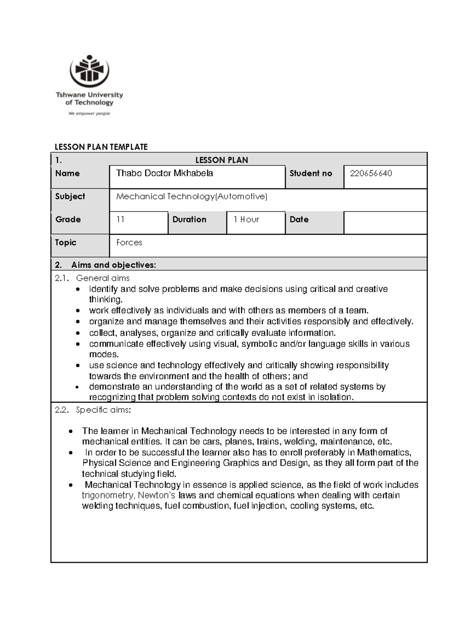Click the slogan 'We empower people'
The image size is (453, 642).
point(89,113)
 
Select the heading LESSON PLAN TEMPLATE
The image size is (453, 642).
point(101,147)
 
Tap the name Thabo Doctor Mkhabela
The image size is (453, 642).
point(165,173)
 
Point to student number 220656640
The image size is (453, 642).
point(371,174)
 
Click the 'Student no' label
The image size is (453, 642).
point(311,174)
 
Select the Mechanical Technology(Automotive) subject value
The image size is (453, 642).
point(192,197)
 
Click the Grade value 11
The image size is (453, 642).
point(120,220)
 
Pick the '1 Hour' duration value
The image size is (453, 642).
point(246,220)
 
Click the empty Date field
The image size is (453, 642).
point(385,223)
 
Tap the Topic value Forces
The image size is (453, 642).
point(129,243)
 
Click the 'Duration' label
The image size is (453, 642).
point(189,220)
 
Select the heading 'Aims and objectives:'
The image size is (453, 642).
point(113,265)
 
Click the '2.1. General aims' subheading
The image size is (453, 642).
point(92,278)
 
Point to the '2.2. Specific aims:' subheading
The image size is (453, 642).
point(93,410)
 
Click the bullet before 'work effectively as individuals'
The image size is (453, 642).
point(78,311)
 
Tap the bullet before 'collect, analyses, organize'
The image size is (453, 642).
point(78,333)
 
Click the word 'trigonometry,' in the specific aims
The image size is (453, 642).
point(108,496)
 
